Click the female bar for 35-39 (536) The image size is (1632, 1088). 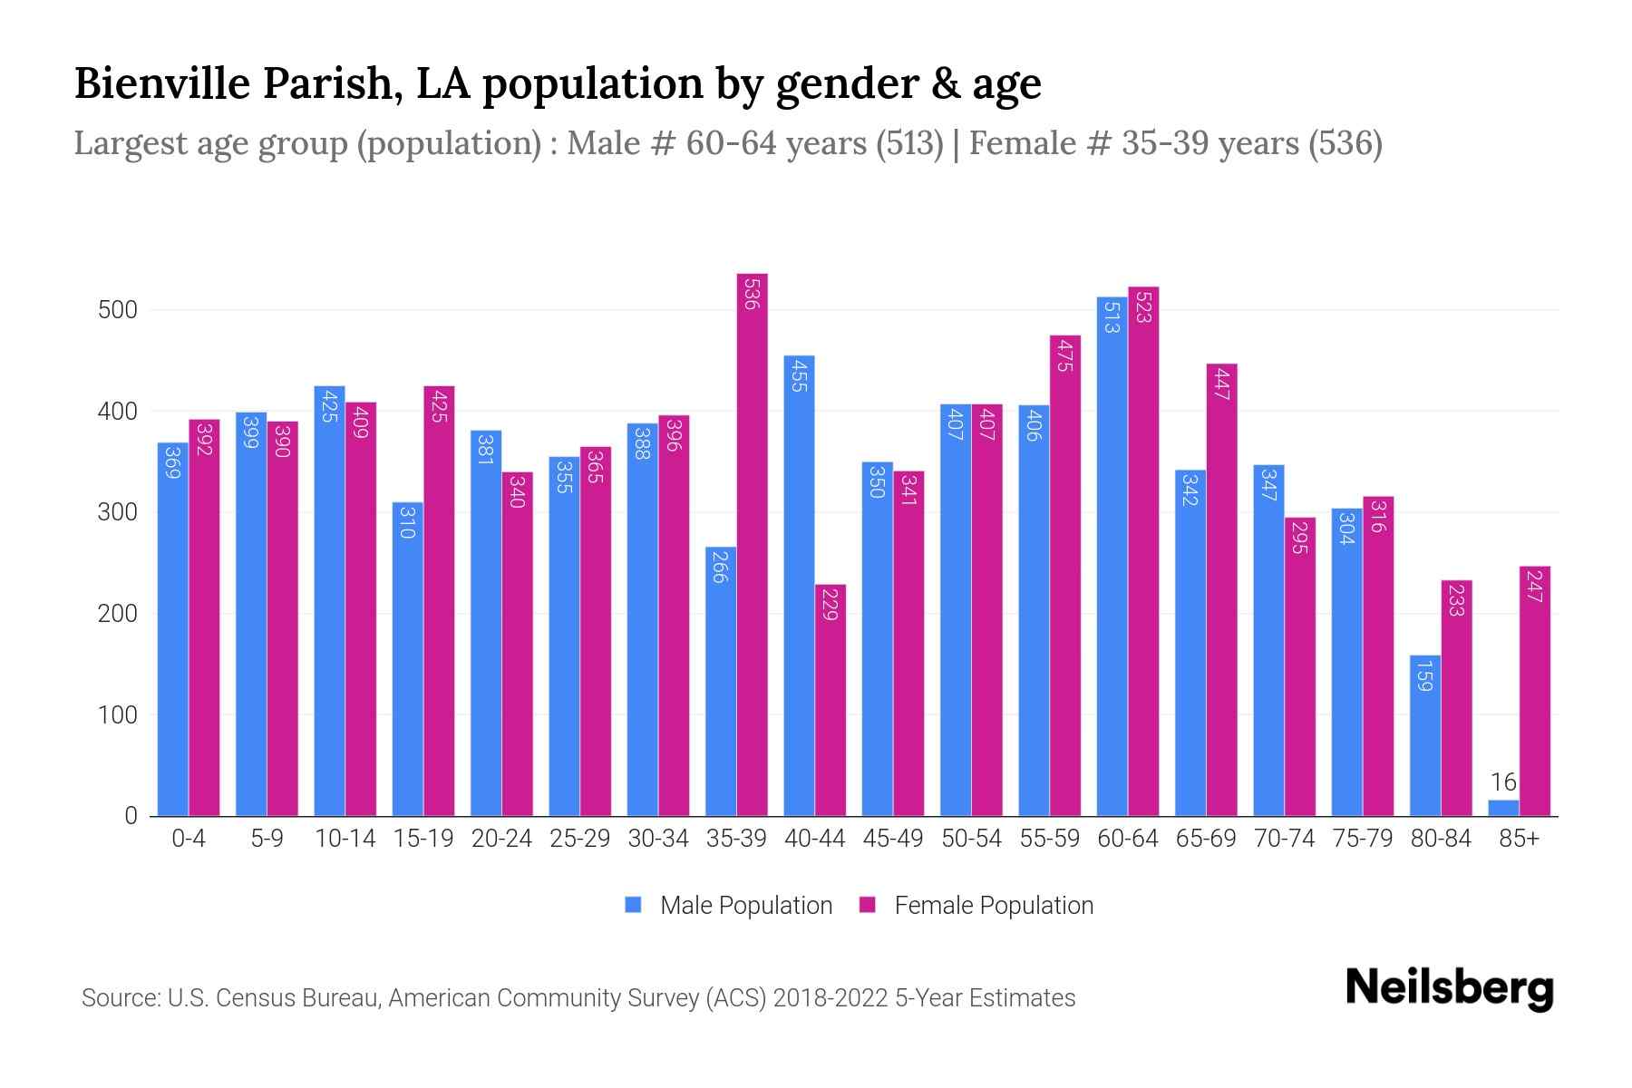coord(752,544)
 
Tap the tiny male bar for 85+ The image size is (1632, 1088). coord(1502,808)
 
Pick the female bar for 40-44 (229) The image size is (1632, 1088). coord(830,700)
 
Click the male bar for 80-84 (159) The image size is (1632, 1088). coord(1424,735)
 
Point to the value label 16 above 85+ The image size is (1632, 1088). coord(1502,782)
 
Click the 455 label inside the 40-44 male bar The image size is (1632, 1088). coord(798,375)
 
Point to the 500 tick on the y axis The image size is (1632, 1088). coord(117,310)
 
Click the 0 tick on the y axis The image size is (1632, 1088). coord(131,816)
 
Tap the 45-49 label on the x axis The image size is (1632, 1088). coord(892,839)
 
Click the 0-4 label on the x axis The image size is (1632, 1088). coord(189,839)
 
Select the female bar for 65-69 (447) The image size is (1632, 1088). coord(1221,589)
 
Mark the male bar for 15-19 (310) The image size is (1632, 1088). coord(407,659)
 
